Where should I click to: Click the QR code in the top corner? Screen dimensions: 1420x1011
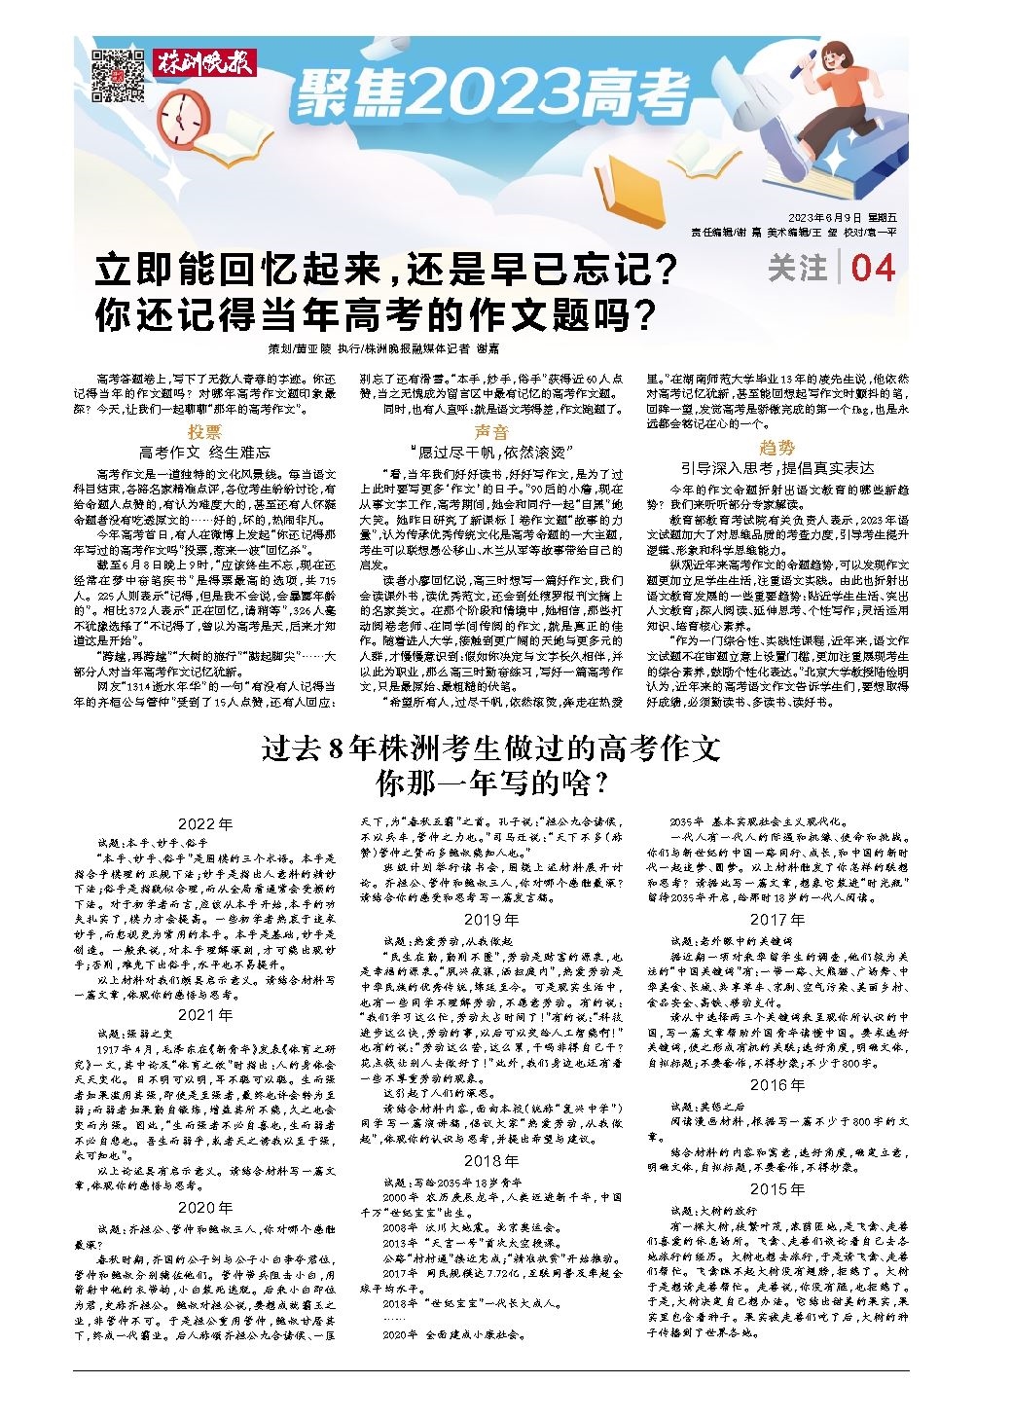117,75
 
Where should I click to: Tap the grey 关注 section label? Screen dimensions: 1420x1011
797,268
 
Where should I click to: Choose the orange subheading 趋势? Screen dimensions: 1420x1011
776,447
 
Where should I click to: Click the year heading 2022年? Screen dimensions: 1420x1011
205,823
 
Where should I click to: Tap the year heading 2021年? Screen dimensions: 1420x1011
205,1014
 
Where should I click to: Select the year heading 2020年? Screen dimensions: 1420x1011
205,1207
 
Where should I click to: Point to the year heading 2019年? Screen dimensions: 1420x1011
491,919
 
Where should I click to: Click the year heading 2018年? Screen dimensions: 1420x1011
491,1160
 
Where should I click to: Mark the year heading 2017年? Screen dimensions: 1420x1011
776,919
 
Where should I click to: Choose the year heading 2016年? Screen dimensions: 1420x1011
776,1084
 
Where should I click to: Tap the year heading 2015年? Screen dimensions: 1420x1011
776,1188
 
